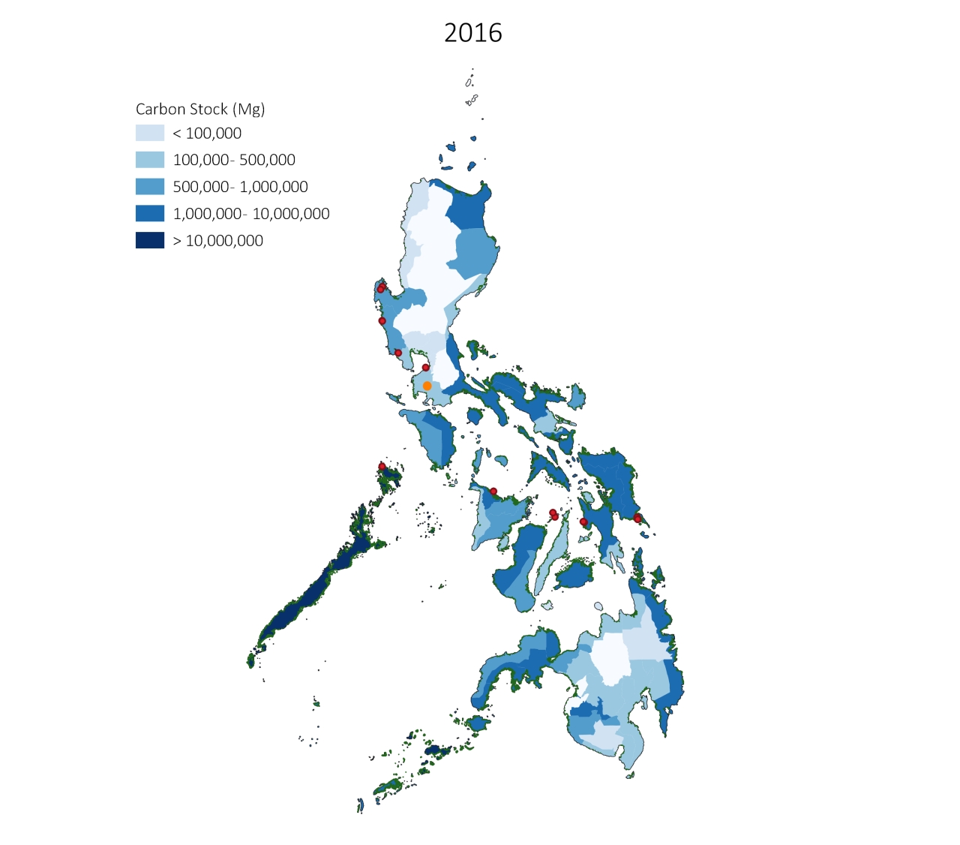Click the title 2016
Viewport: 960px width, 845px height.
[x=472, y=33]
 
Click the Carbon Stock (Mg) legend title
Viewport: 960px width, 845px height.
[x=200, y=109]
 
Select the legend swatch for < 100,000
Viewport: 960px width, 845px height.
[x=149, y=133]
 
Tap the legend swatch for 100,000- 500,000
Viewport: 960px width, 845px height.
[x=149, y=160]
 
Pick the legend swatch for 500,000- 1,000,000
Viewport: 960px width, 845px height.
[x=149, y=187]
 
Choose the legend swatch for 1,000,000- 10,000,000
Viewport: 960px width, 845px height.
[x=149, y=214]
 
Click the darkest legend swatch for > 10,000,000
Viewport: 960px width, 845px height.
[x=149, y=240]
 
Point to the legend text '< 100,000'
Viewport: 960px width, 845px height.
[x=207, y=134]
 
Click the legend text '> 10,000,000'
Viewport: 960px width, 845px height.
[x=218, y=241]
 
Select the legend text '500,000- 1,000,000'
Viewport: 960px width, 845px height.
[x=240, y=187]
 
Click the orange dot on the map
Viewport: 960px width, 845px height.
[x=427, y=386]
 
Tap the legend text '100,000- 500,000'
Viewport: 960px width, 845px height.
[x=234, y=160]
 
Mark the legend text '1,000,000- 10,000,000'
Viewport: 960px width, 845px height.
[x=251, y=214]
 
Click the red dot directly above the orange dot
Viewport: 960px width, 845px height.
[x=425, y=368]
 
